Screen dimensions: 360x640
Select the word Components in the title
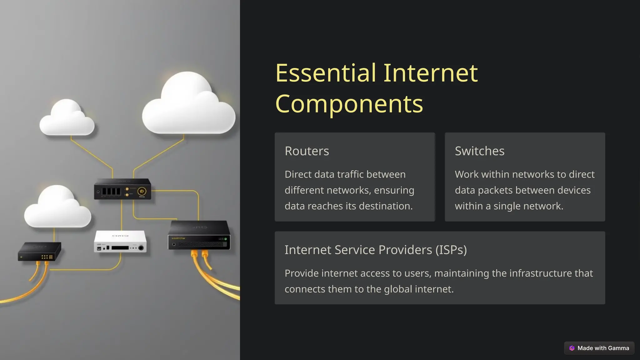coord(349,104)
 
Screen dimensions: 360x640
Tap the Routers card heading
coord(307,151)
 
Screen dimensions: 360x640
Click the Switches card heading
coord(479,151)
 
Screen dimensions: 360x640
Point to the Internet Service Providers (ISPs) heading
coord(375,250)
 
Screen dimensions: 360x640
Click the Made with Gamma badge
coord(599,348)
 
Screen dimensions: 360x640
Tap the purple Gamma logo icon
coord(572,348)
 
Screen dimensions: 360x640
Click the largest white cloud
coord(188,106)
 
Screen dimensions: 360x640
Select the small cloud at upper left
coord(67,119)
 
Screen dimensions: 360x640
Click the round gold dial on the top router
coord(142,191)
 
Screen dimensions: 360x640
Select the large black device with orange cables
coord(199,236)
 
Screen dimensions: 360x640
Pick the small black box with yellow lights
coord(39,251)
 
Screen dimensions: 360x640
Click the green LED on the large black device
coord(226,239)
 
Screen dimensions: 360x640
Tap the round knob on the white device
coord(141,248)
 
